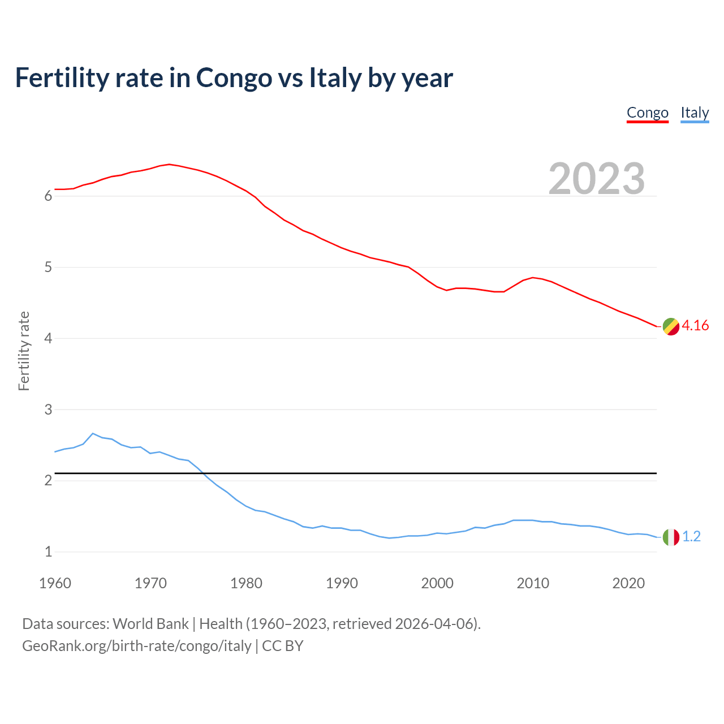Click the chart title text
click(234, 78)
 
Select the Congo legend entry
click(648, 113)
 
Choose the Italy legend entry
click(695, 113)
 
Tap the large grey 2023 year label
click(597, 179)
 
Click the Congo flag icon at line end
click(671, 326)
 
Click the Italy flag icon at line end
click(671, 537)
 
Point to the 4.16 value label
click(695, 325)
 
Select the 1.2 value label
click(691, 536)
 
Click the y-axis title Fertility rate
click(24, 351)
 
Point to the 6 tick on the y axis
click(48, 196)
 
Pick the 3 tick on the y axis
click(48, 410)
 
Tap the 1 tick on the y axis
click(48, 551)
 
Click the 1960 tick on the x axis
click(55, 583)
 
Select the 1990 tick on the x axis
click(342, 583)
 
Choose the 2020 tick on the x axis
click(628, 583)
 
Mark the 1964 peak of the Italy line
click(93, 433)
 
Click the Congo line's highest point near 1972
click(169, 164)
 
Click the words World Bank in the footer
click(150, 624)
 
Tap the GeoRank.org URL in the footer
click(136, 646)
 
